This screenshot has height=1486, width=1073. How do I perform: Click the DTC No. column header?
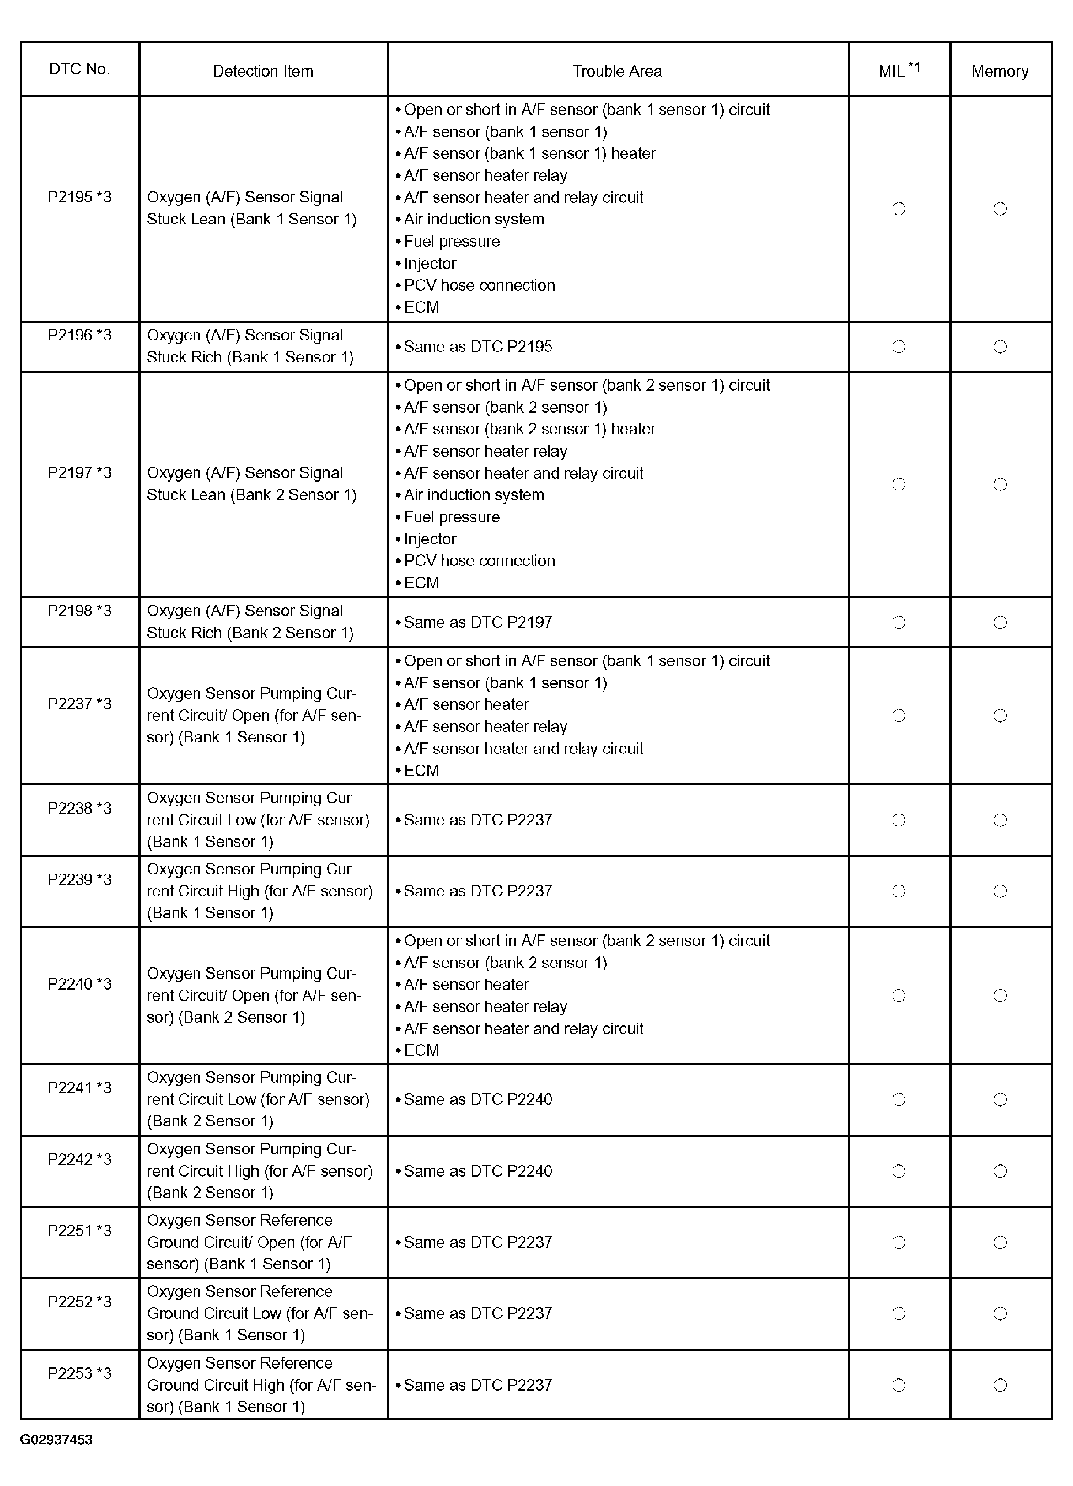[79, 70]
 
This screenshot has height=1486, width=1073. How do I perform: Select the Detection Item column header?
[262, 71]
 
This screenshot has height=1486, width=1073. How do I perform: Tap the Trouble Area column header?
[617, 71]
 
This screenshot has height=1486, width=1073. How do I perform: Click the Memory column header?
[1000, 71]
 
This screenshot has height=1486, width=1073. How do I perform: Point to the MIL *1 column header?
[899, 70]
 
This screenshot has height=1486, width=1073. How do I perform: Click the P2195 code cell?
[79, 197]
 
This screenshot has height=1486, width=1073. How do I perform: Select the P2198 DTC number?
[79, 611]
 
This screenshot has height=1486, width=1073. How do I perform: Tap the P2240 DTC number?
[79, 983]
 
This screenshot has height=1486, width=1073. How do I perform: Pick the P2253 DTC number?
[79, 1373]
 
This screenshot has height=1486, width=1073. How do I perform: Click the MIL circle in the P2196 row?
[899, 346]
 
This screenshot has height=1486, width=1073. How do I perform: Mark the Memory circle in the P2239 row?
[1000, 891]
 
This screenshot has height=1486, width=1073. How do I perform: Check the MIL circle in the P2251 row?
[899, 1242]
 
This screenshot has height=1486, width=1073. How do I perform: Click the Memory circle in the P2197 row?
[1000, 484]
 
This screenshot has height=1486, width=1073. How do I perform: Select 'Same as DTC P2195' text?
[478, 346]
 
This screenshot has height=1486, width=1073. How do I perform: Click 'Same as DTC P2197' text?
[478, 622]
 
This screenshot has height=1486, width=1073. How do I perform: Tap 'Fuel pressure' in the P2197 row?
[452, 517]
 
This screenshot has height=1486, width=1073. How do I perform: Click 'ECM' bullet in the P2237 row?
[421, 771]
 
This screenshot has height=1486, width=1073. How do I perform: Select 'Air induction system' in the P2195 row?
[474, 219]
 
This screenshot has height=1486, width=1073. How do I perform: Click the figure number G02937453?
[56, 1440]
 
